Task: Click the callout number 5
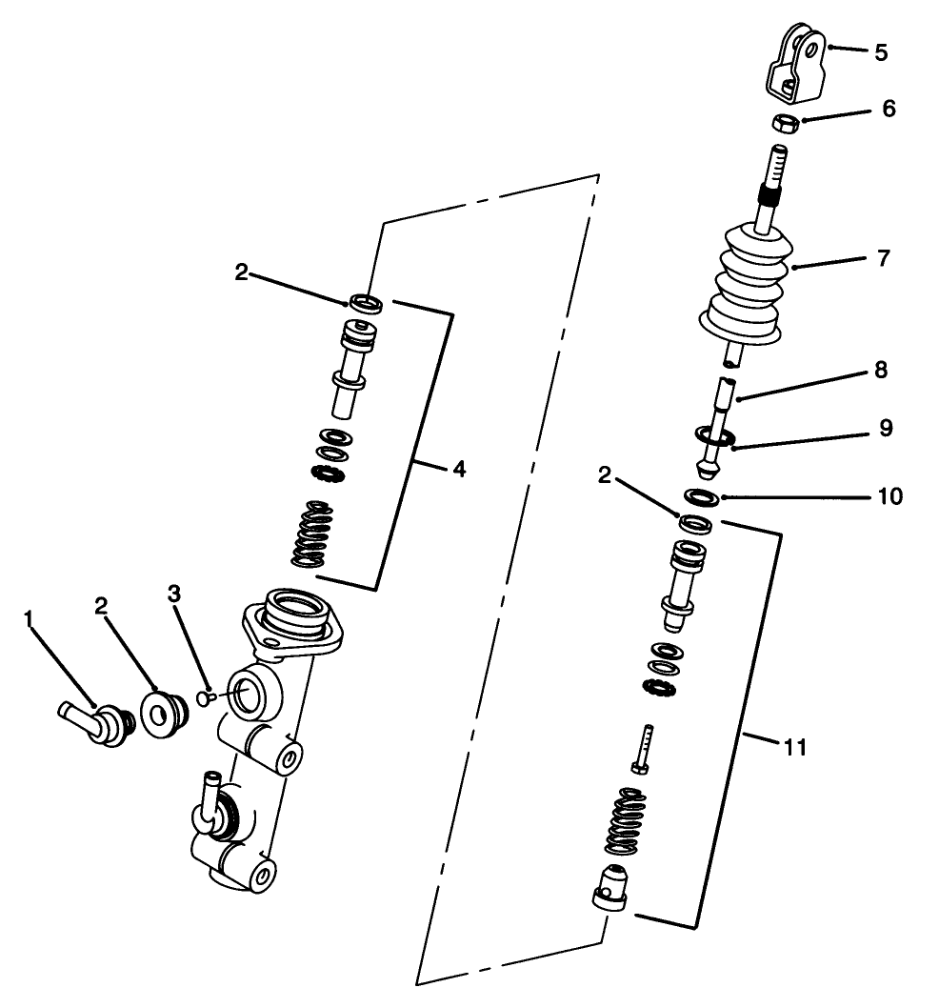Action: [881, 52]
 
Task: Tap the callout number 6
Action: [888, 109]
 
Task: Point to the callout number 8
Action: [881, 371]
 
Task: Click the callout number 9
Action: [885, 429]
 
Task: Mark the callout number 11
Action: [794, 748]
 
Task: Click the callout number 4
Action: [459, 470]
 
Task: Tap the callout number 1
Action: [29, 620]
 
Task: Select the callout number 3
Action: [173, 594]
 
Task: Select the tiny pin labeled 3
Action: [201, 697]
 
